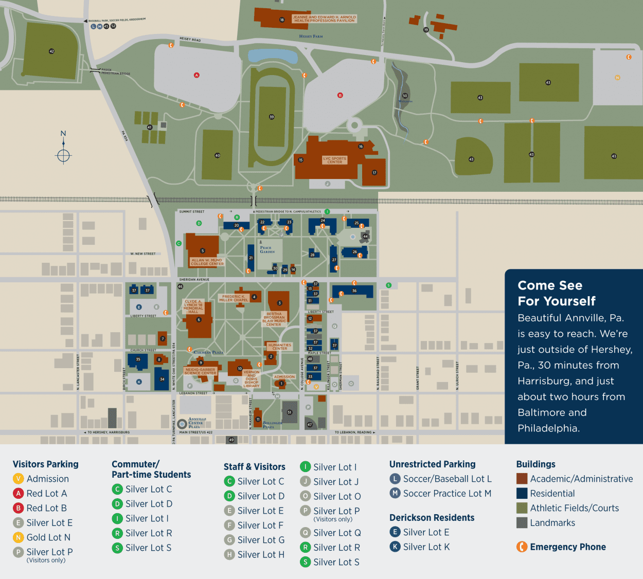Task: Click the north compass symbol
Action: click(63, 155)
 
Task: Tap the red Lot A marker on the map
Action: click(196, 75)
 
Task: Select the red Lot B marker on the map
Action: click(340, 95)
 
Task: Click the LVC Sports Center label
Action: click(334, 160)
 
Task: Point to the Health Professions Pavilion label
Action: click(324, 19)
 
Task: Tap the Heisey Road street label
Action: click(190, 40)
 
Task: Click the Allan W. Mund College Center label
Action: click(207, 262)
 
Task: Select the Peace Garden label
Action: click(267, 250)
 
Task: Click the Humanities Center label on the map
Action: click(279, 347)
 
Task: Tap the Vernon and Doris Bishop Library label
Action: click(252, 379)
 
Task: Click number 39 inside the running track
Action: click(272, 117)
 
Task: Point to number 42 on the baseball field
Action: click(51, 51)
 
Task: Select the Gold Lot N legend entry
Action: click(48, 537)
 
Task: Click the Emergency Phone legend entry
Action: click(567, 547)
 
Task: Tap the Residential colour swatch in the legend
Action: click(522, 494)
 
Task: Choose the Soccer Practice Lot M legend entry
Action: click(446, 494)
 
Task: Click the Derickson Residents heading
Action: click(432, 518)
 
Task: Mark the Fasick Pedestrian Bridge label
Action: click(115, 71)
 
